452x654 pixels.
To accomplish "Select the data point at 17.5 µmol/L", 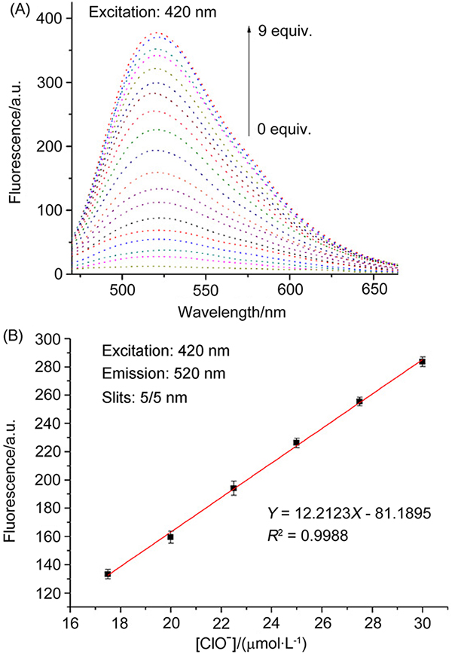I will (108, 574).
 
